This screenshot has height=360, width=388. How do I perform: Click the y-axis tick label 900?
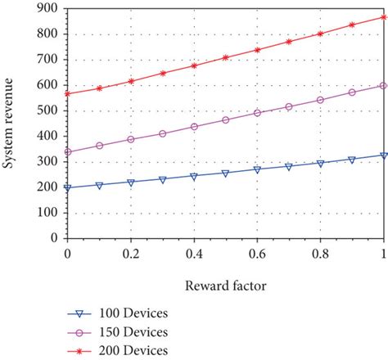tap(46, 8)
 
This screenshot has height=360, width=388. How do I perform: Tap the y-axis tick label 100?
tap(46, 212)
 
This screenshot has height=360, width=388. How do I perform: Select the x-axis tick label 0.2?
tap(129, 254)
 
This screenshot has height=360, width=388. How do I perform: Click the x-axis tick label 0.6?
tap(257, 254)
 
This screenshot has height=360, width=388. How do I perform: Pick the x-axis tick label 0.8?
tap(321, 254)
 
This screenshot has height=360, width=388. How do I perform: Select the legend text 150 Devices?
tap(135, 331)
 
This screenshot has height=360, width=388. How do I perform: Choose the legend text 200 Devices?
tap(135, 350)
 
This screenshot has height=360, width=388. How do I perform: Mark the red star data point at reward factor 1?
tap(384, 16)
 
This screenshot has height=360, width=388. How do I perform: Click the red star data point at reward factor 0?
tap(67, 93)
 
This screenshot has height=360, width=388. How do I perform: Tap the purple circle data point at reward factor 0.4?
tap(194, 127)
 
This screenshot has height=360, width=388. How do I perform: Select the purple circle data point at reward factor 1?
tap(384, 85)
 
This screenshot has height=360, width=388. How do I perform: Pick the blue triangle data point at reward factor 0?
tap(67, 187)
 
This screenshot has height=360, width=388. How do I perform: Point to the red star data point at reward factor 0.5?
tap(226, 57)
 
